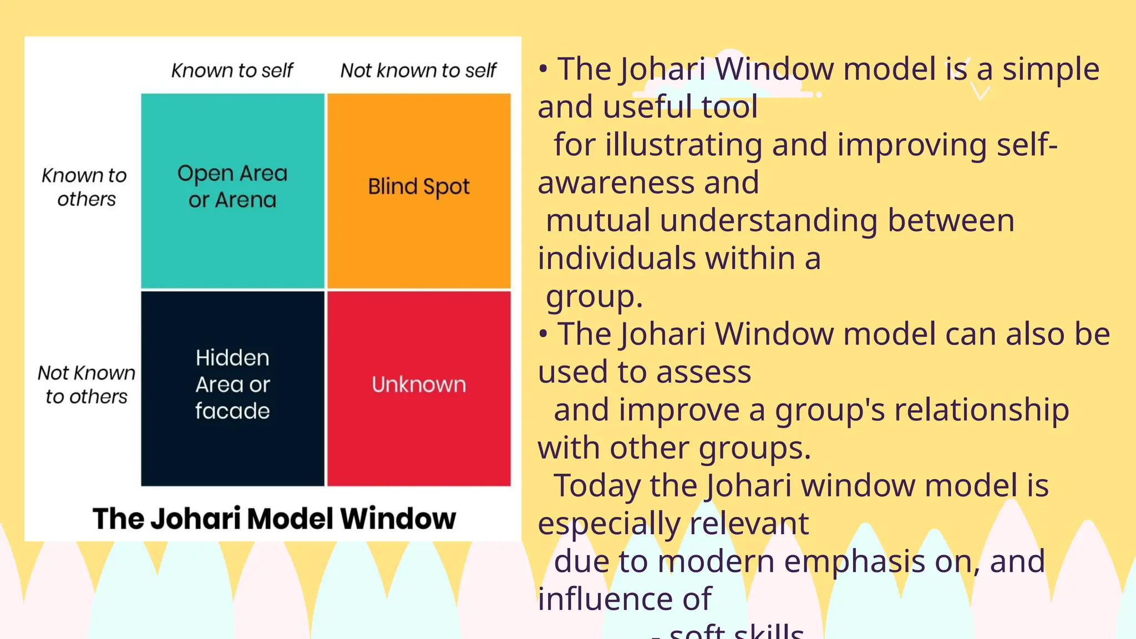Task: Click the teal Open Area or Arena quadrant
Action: (x=232, y=191)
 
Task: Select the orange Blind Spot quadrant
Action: (x=419, y=191)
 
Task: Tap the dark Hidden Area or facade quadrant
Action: (x=232, y=388)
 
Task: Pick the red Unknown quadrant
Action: (x=419, y=388)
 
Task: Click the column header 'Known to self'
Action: (x=232, y=70)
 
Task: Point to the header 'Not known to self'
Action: (x=418, y=70)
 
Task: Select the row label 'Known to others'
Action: (x=85, y=187)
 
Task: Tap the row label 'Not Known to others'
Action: (x=87, y=384)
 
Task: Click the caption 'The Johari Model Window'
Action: (x=274, y=519)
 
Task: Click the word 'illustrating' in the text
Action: (x=683, y=145)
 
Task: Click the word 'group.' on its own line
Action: (x=594, y=297)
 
